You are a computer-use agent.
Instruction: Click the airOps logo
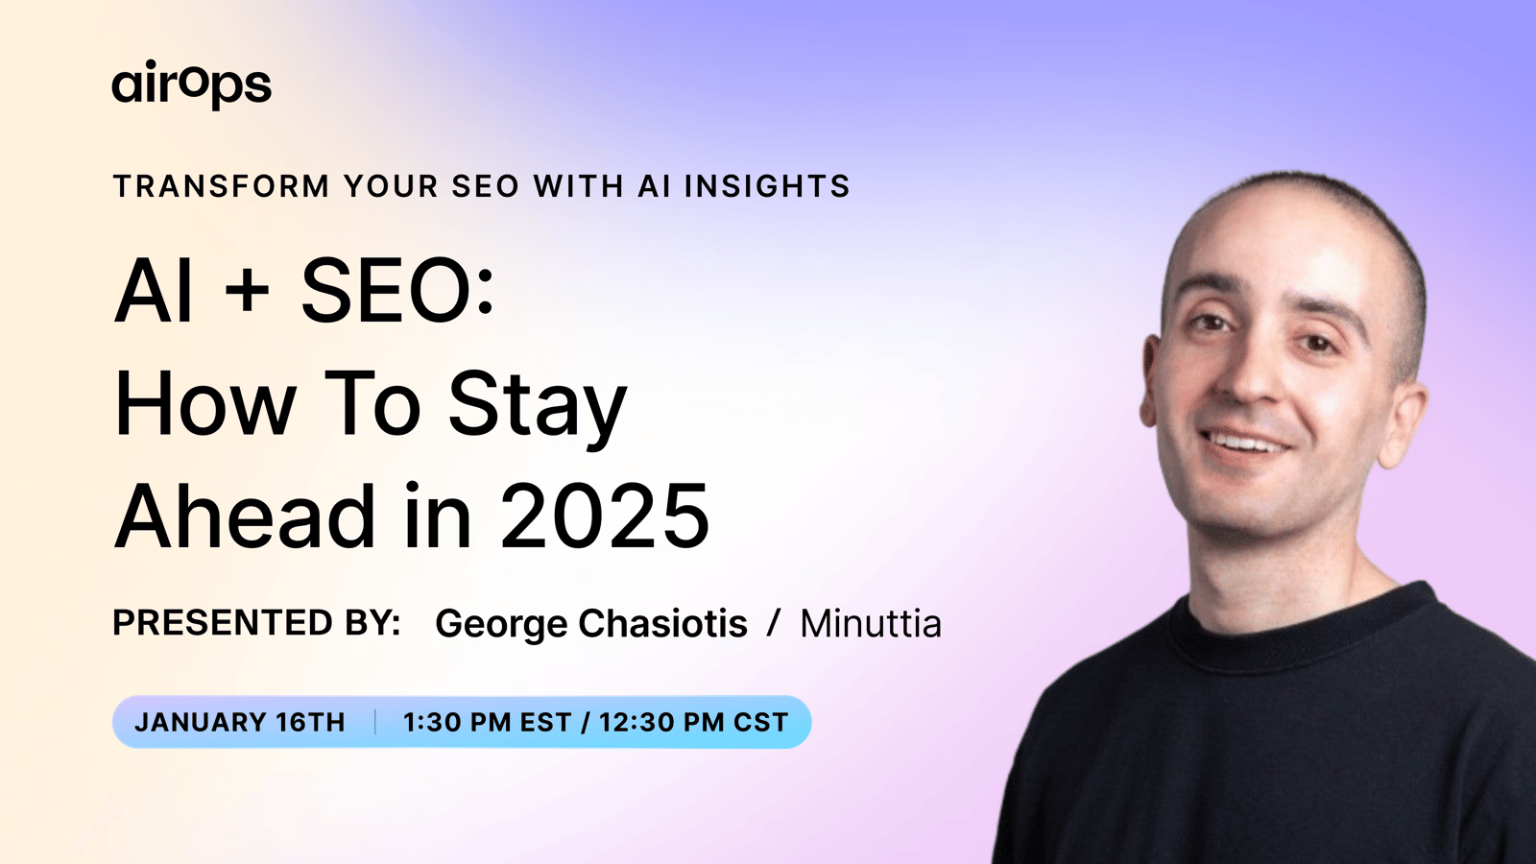pyautogui.click(x=191, y=85)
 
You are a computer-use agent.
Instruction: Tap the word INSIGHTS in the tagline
pyautogui.click(x=767, y=186)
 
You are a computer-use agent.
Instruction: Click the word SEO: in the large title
pyautogui.click(x=397, y=289)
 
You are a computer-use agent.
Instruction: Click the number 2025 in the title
pyautogui.click(x=605, y=516)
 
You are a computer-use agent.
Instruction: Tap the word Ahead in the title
pyautogui.click(x=244, y=515)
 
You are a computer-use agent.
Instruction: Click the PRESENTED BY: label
pyautogui.click(x=256, y=623)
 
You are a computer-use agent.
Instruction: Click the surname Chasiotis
pyautogui.click(x=662, y=623)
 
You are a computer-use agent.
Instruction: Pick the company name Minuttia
pyautogui.click(x=871, y=623)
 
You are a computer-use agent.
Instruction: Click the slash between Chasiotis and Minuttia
pyautogui.click(x=774, y=623)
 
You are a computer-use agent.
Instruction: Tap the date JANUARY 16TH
pyautogui.click(x=240, y=722)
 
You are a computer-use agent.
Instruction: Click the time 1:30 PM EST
pyautogui.click(x=487, y=722)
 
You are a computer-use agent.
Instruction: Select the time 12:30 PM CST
pyautogui.click(x=694, y=722)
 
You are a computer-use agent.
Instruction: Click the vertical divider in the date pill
pyautogui.click(x=375, y=722)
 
